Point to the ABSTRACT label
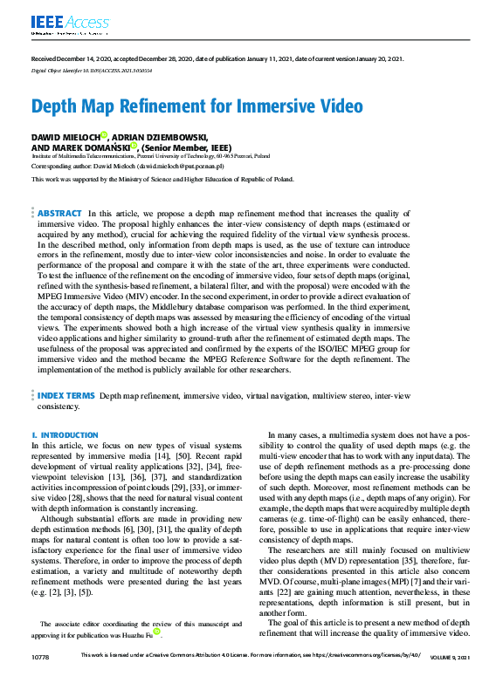(59, 213)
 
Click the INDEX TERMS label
(65, 396)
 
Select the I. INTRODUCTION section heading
(65, 434)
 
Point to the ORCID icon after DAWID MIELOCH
(104, 135)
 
